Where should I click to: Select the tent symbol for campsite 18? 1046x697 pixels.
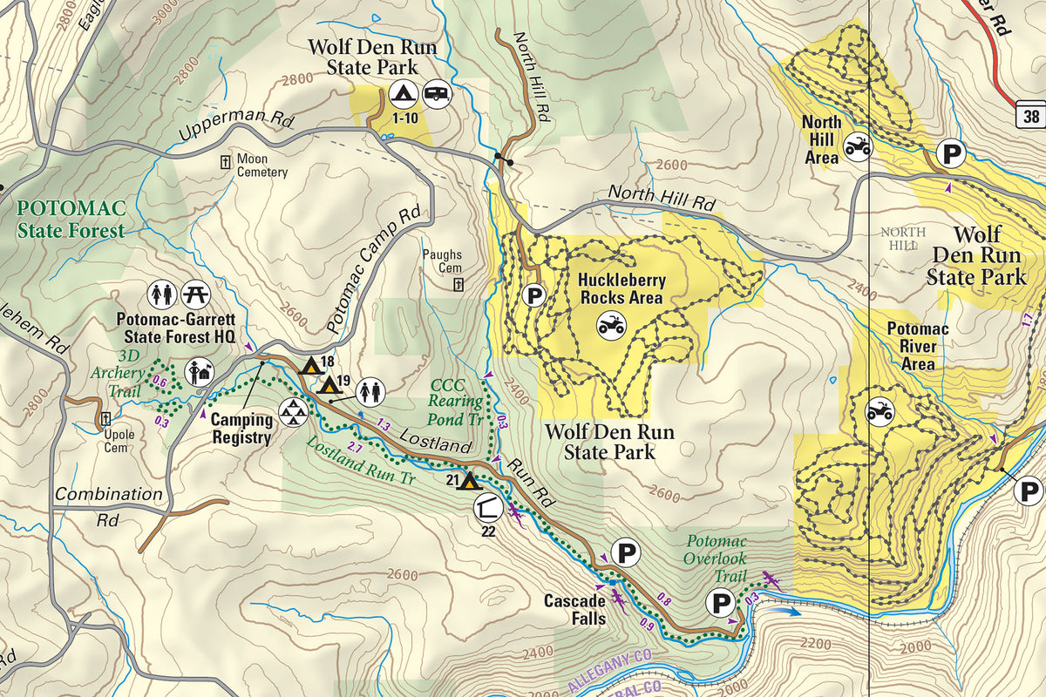309,365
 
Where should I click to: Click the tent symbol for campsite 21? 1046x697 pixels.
468,480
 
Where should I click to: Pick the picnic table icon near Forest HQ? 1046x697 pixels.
193,294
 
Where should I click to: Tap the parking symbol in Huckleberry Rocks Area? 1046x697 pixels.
534,296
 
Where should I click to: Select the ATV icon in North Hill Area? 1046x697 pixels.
857,146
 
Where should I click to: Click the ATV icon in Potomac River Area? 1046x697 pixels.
880,410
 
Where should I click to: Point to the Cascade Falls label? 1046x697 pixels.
574,610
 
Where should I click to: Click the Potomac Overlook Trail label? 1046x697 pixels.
716,558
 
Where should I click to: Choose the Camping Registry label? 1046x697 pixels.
241,429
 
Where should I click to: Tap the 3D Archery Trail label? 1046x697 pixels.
118,374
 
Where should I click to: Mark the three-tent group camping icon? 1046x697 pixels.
292,414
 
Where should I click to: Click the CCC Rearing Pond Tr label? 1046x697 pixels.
457,401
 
